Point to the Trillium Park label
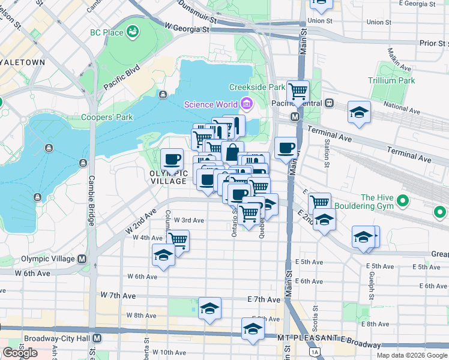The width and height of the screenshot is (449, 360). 393,80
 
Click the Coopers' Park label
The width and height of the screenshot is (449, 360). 107,117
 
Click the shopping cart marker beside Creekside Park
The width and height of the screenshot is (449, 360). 298,92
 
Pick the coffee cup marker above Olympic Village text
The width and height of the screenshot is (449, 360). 172,160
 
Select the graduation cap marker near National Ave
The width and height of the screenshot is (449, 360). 360,112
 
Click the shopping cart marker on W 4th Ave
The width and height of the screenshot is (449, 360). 178,240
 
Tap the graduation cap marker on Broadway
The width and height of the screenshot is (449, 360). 253,329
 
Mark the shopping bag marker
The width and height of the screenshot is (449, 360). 232,152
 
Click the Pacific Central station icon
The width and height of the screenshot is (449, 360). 330,103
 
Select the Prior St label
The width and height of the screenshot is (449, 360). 434,43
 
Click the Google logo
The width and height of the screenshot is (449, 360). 19,353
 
